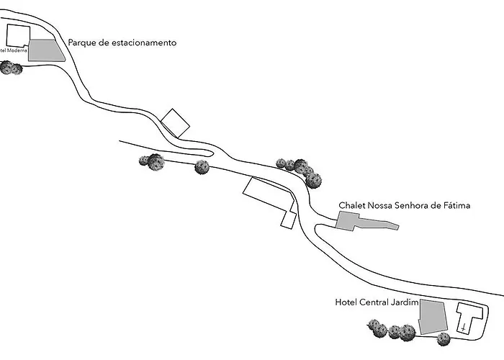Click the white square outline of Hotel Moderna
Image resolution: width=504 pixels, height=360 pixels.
coord(18,36)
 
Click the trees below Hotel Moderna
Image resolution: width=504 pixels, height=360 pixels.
coord(10,68)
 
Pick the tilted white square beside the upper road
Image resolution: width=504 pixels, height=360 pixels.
coord(176,122)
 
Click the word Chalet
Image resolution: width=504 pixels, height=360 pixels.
coord(352,206)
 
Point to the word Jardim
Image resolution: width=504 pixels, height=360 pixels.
coord(404,302)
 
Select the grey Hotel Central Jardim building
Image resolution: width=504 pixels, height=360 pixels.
coord(432,317)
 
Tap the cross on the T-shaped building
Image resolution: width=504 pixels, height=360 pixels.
coord(465,328)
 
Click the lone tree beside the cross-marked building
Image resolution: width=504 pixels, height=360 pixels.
coord(444,339)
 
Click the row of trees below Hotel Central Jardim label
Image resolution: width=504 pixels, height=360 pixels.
coord(392,331)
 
